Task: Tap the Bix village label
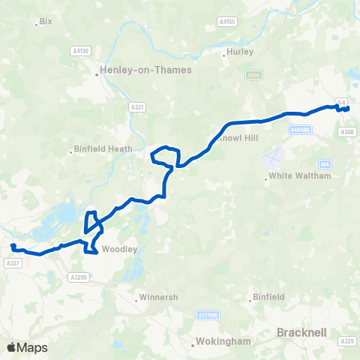tap(46, 22)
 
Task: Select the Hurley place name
tap(240, 52)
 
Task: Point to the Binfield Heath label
tap(103, 149)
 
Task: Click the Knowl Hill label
tap(237, 139)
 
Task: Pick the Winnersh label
tap(160, 297)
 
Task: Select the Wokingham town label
tap(222, 342)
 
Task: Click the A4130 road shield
tap(81, 50)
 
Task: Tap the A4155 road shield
tap(227, 22)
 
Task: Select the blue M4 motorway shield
tap(324, 163)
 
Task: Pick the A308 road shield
tap(346, 132)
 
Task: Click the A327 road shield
tap(12, 262)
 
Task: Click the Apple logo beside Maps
tap(11, 347)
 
